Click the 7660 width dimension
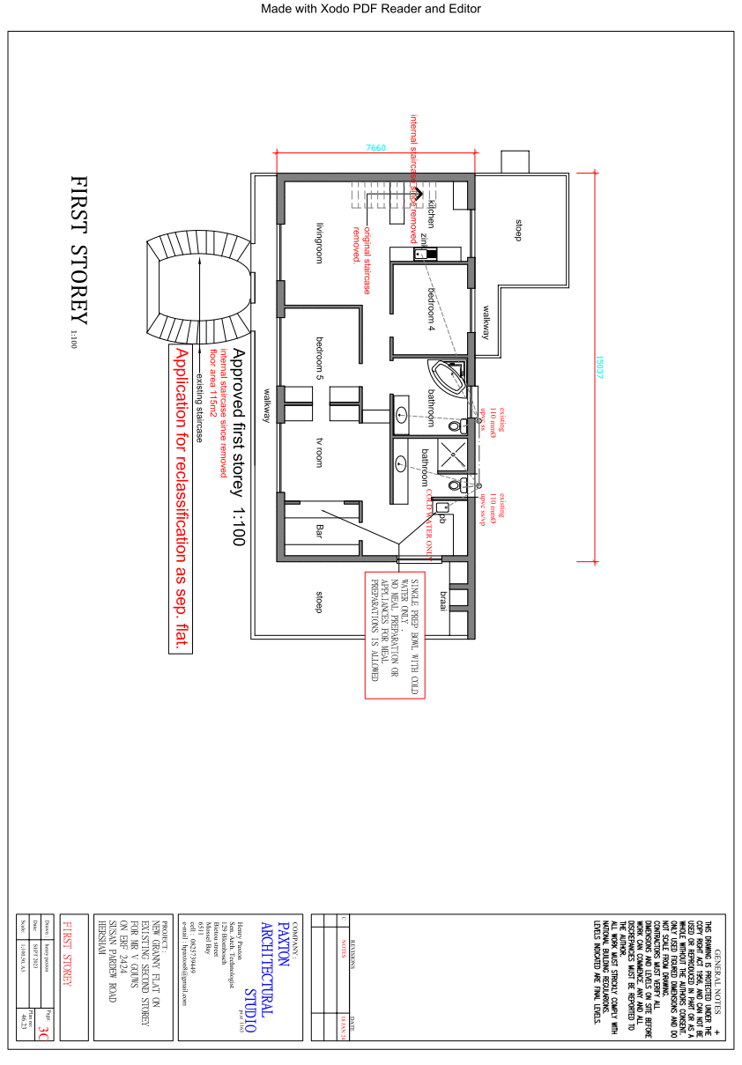coord(376,148)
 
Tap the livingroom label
coord(321,242)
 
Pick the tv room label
coord(321,452)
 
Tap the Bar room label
coord(321,531)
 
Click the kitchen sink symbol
coord(426,254)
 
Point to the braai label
coord(444,601)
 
